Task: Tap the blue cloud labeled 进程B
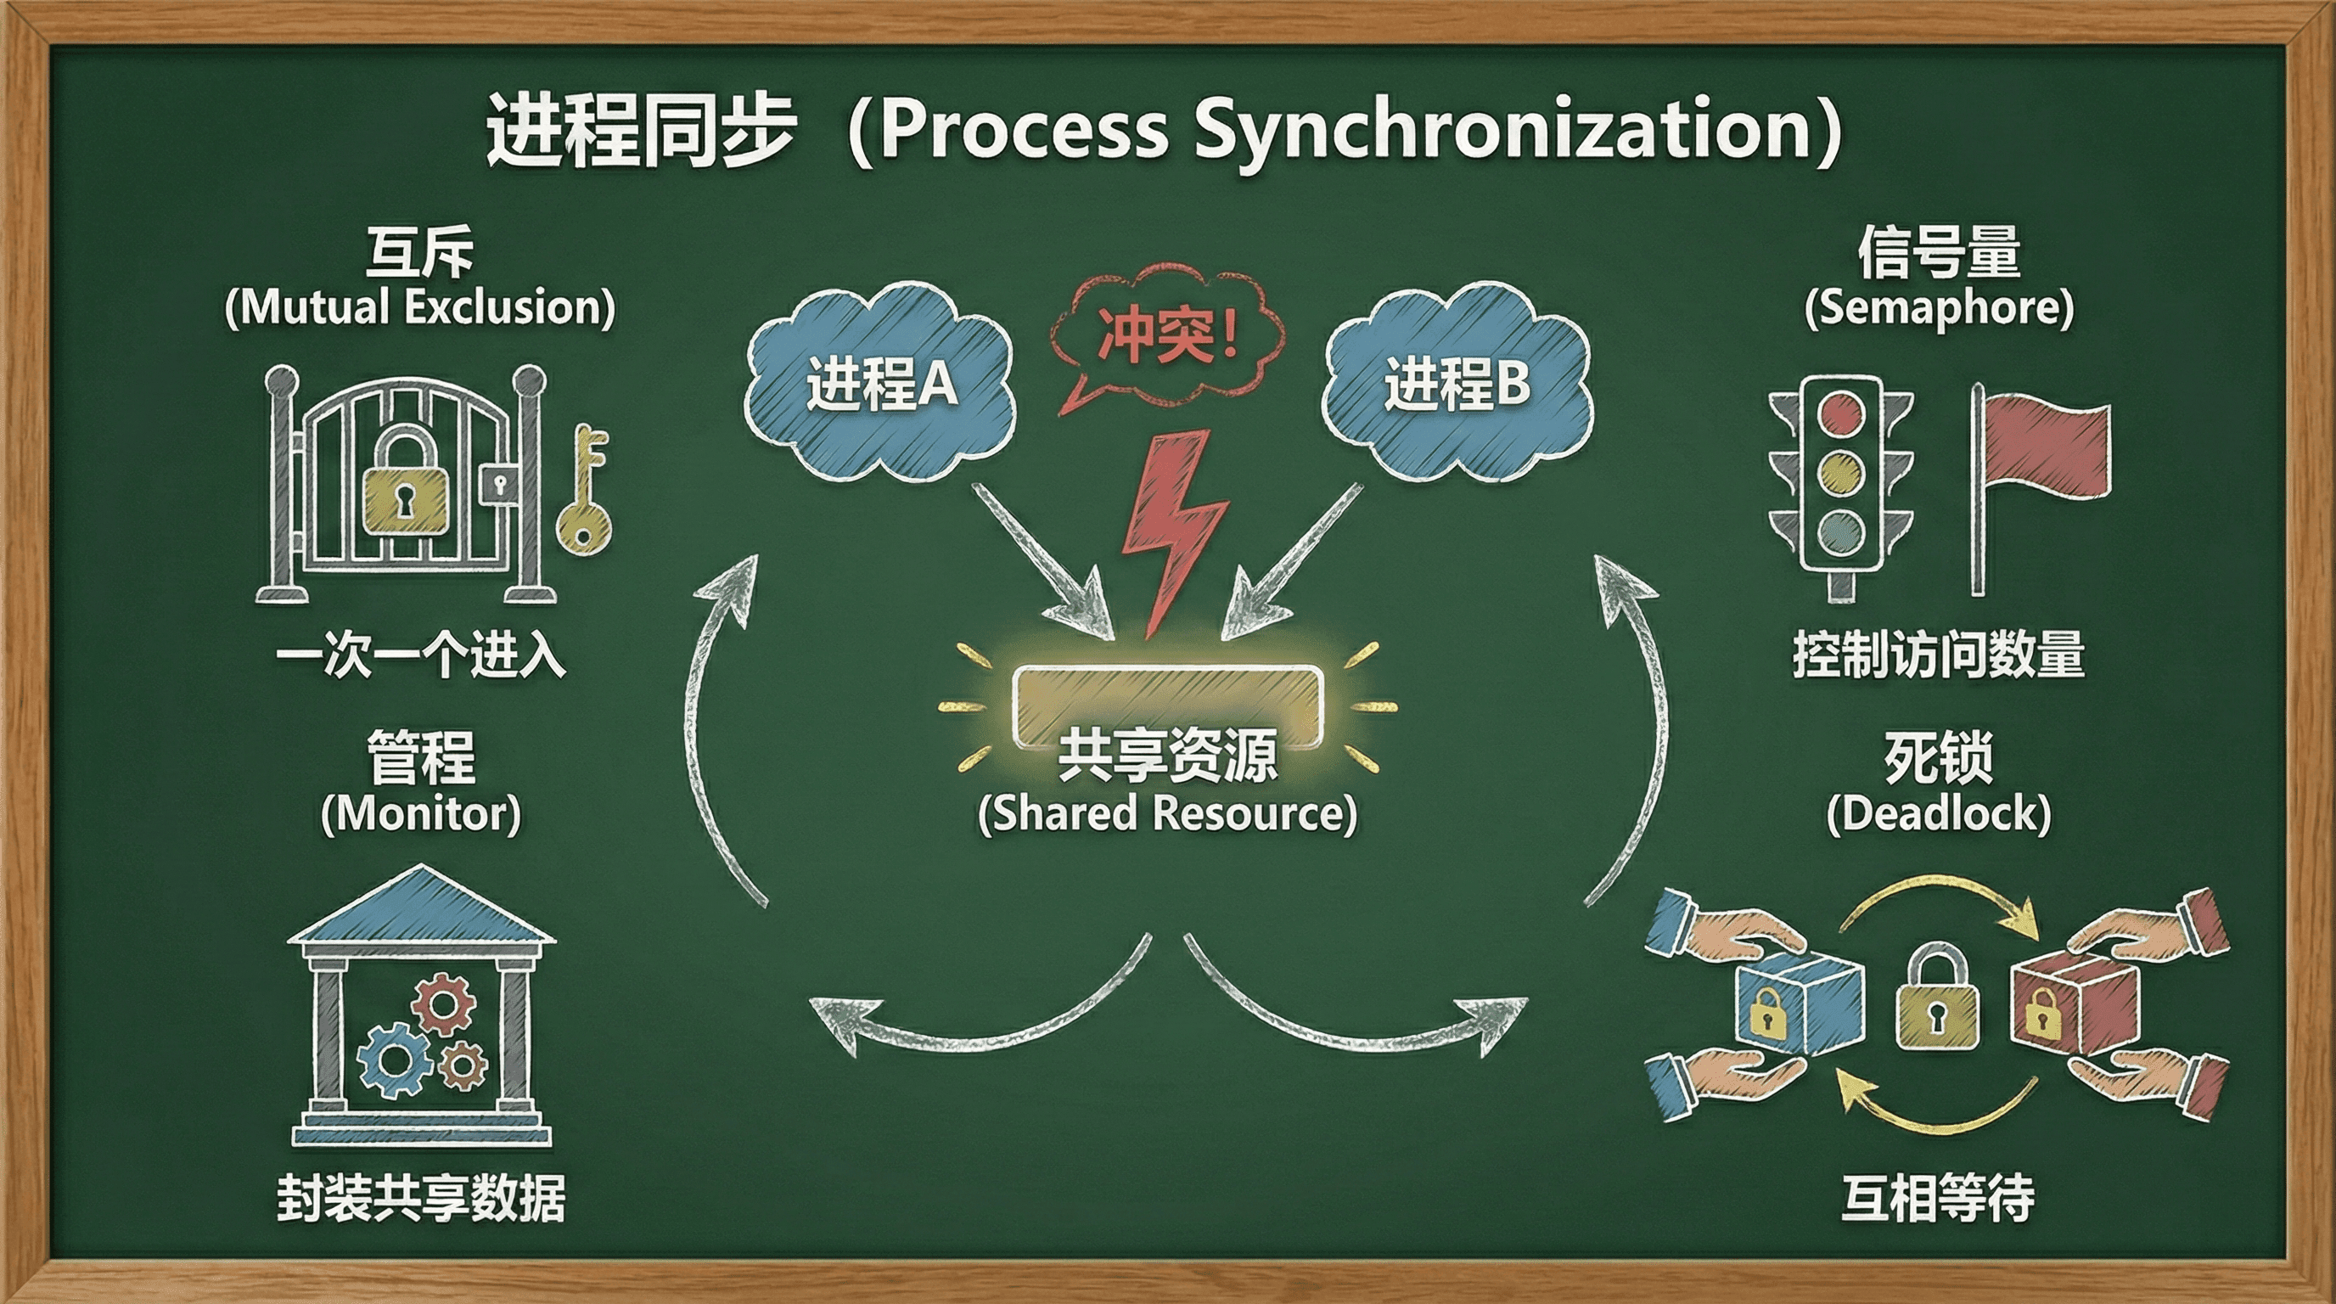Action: [x=1457, y=381]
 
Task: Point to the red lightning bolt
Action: [x=1171, y=526]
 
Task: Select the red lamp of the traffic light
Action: [x=1841, y=415]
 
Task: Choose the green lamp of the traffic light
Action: [x=1841, y=531]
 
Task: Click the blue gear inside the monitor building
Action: [x=395, y=1059]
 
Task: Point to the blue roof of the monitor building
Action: [x=421, y=907]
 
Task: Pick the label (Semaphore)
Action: [x=1939, y=308]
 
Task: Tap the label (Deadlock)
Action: [x=1939, y=813]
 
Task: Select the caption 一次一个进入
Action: [x=421, y=655]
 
